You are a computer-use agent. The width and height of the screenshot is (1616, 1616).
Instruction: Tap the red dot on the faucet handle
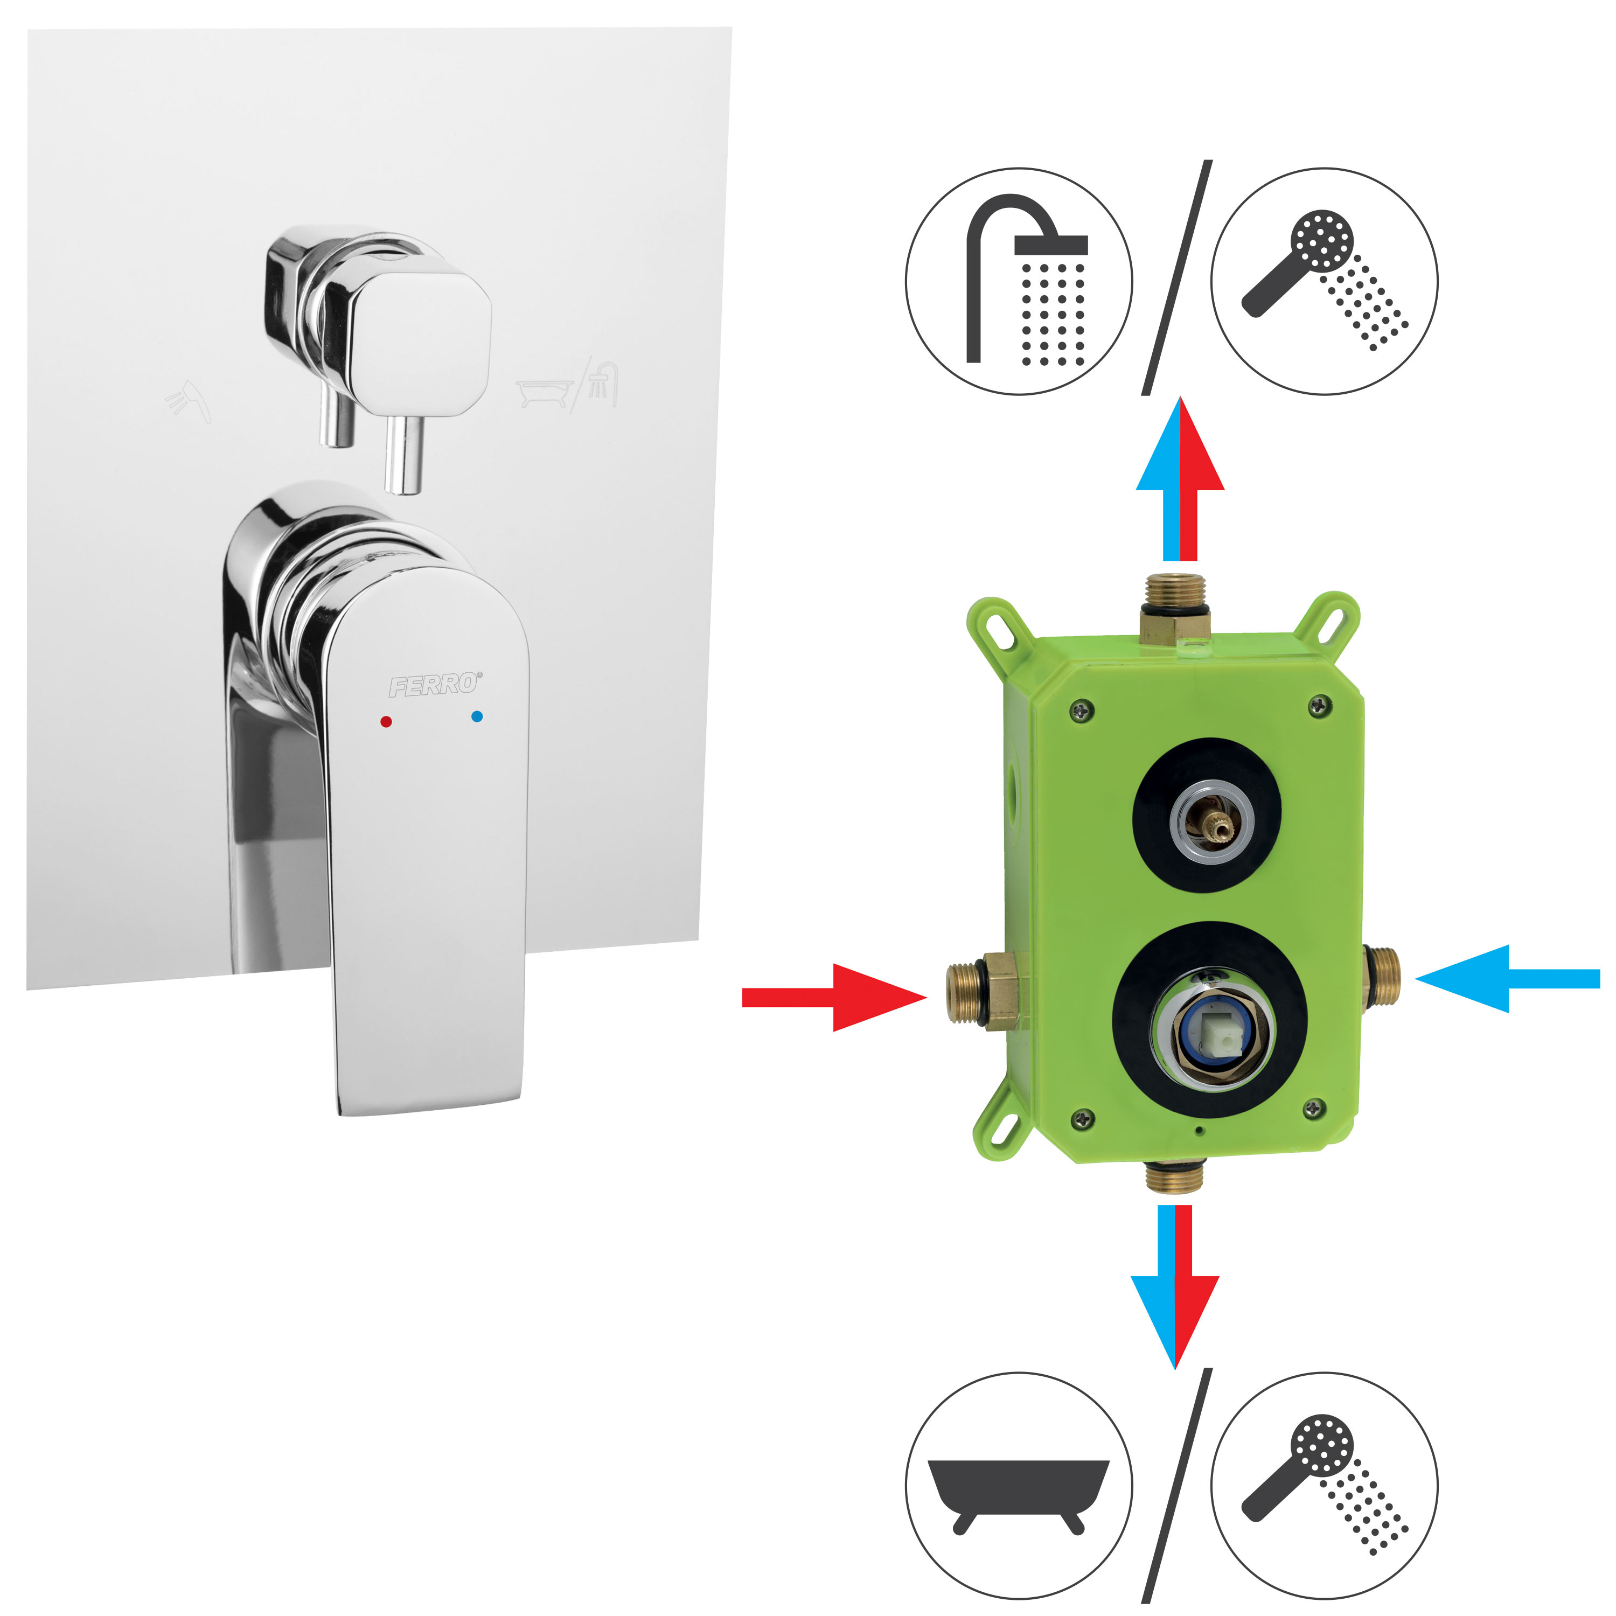click(386, 721)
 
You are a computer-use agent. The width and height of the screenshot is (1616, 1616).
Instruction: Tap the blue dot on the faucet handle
click(477, 716)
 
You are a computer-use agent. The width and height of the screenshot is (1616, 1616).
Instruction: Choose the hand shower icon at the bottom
click(1325, 1486)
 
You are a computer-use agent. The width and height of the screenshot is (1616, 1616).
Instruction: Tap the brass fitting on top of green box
click(1174, 607)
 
